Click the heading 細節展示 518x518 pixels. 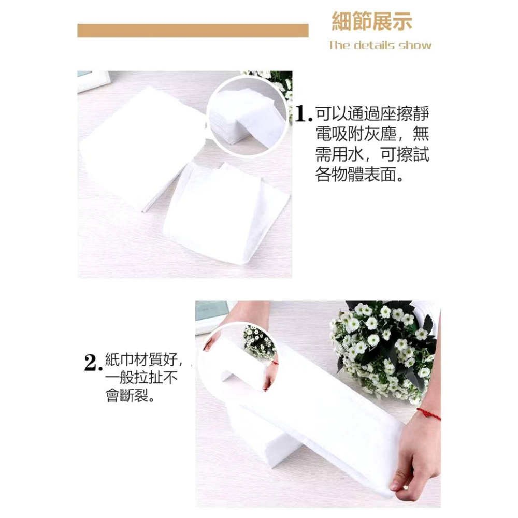click(x=371, y=22)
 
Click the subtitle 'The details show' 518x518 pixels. click(x=379, y=45)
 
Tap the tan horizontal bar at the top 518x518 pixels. click(x=193, y=31)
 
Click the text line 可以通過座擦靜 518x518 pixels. click(x=372, y=113)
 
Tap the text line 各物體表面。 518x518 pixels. click(x=359, y=175)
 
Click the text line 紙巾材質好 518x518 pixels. click(x=140, y=358)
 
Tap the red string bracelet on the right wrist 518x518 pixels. click(x=428, y=413)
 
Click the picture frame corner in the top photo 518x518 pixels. click(x=93, y=80)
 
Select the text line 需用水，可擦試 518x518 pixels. click(x=372, y=154)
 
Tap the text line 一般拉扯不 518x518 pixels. click(x=141, y=379)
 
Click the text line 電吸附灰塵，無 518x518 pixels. click(x=372, y=134)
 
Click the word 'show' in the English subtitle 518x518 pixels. click(x=414, y=45)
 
